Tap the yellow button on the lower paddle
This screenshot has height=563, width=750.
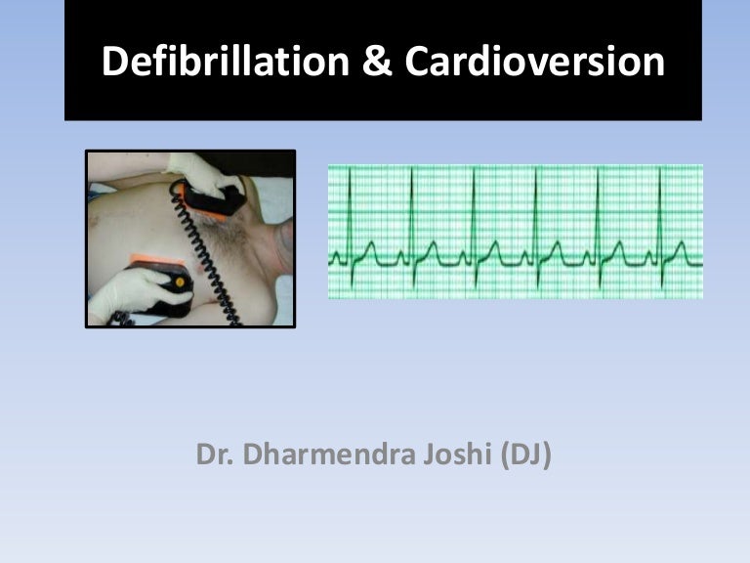tap(180, 282)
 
